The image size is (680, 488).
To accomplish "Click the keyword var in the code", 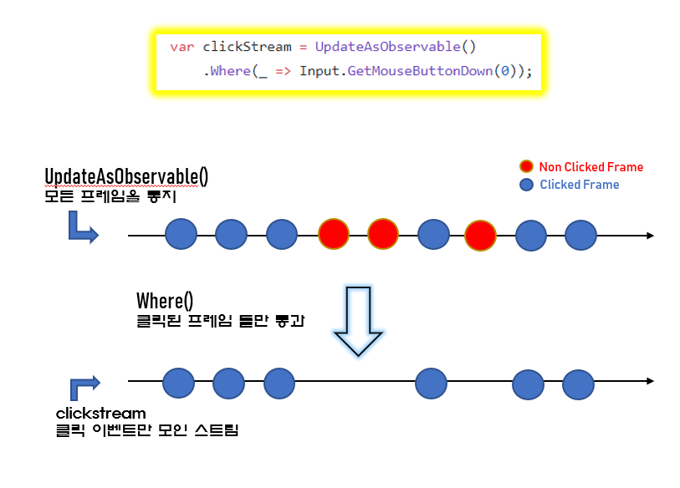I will (182, 48).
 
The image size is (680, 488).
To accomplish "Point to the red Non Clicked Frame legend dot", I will (526, 167).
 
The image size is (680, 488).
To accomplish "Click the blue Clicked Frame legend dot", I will (526, 185).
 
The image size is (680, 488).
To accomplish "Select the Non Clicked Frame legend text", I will (591, 167).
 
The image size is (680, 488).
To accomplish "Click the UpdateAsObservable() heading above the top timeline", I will (126, 176).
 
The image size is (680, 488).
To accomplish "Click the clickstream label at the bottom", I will (100, 413).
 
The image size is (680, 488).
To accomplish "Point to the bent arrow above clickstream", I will (84, 385).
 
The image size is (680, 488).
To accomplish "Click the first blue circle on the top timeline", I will (181, 235).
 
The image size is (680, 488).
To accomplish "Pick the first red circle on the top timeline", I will (333, 235).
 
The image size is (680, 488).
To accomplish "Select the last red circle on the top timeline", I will (481, 235).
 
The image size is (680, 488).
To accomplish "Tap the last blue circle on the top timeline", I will (580, 235).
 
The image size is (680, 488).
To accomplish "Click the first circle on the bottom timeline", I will (178, 384).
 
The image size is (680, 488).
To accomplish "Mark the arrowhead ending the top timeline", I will (649, 236).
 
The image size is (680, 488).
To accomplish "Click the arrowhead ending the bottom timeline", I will (649, 383).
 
